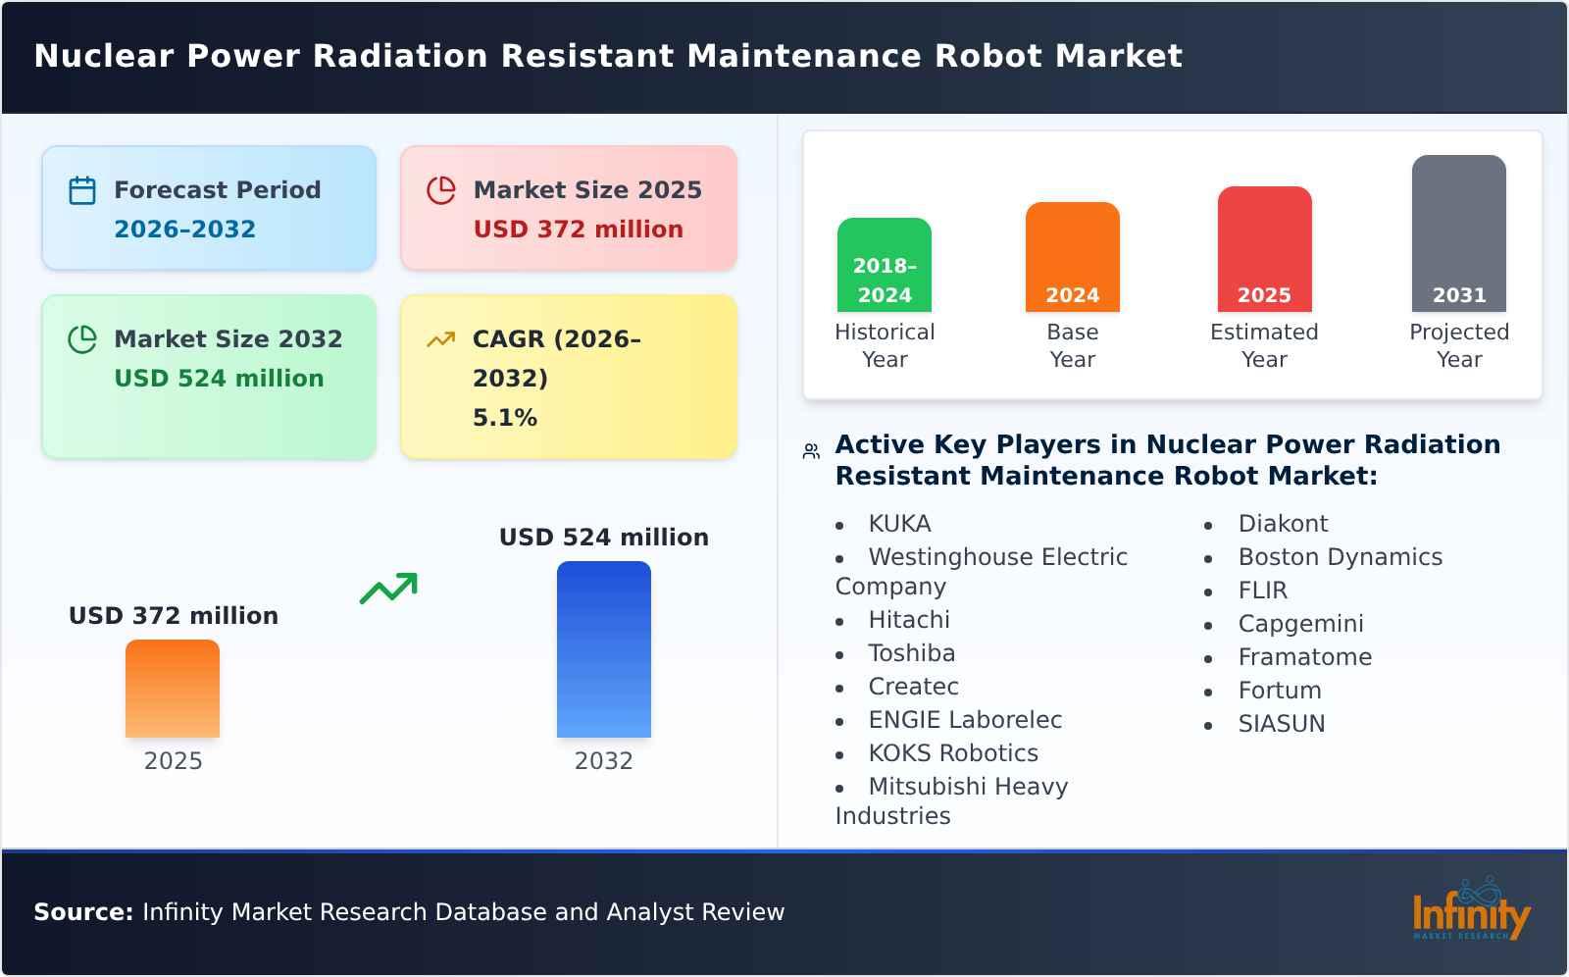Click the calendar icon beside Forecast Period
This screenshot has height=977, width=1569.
82,190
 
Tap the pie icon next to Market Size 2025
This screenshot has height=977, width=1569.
441,190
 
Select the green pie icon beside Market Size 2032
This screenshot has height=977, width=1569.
82,339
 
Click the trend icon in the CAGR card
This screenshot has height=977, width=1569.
441,339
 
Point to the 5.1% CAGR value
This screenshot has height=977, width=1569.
505,418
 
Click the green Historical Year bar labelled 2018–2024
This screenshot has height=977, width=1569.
885,265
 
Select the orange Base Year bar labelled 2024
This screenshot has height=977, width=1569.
1072,257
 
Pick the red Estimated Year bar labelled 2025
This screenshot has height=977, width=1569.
1264,249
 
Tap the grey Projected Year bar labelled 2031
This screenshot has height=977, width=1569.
1458,233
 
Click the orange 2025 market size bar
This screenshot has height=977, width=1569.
173,689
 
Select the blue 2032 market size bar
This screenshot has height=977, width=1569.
603,649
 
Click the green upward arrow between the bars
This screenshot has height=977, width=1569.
388,589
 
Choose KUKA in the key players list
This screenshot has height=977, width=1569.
899,524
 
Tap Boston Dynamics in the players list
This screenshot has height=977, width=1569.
1340,557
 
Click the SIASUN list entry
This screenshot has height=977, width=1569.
1281,724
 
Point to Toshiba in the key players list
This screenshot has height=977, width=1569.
911,653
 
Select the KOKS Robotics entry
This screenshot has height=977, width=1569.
953,753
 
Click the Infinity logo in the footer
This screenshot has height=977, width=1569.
1471,910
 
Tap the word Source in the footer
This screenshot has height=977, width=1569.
82,912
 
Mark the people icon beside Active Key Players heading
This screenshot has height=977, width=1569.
811,451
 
